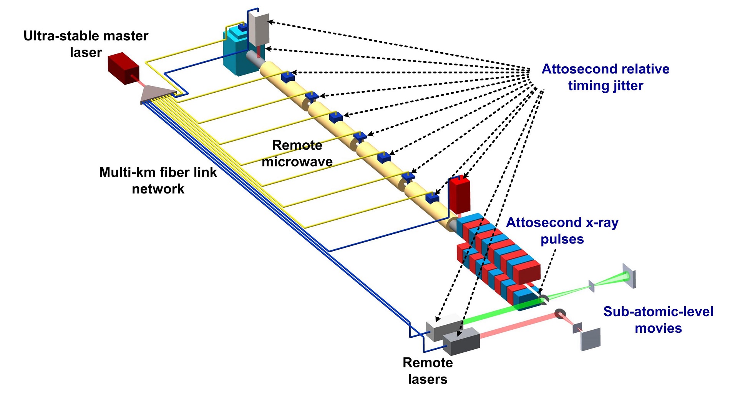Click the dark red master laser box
click(123, 68)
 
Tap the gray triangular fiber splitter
click(158, 94)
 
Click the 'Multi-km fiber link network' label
click(158, 180)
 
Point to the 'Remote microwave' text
click(297, 153)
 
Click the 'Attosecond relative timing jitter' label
click(606, 77)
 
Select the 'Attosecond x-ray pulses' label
click(562, 230)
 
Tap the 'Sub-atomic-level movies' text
click(658, 319)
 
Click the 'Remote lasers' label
click(427, 371)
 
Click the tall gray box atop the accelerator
click(259, 27)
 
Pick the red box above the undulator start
click(460, 195)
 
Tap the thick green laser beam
click(496, 314)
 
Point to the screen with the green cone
click(629, 276)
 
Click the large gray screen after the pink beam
click(591, 339)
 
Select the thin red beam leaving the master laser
click(135, 80)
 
